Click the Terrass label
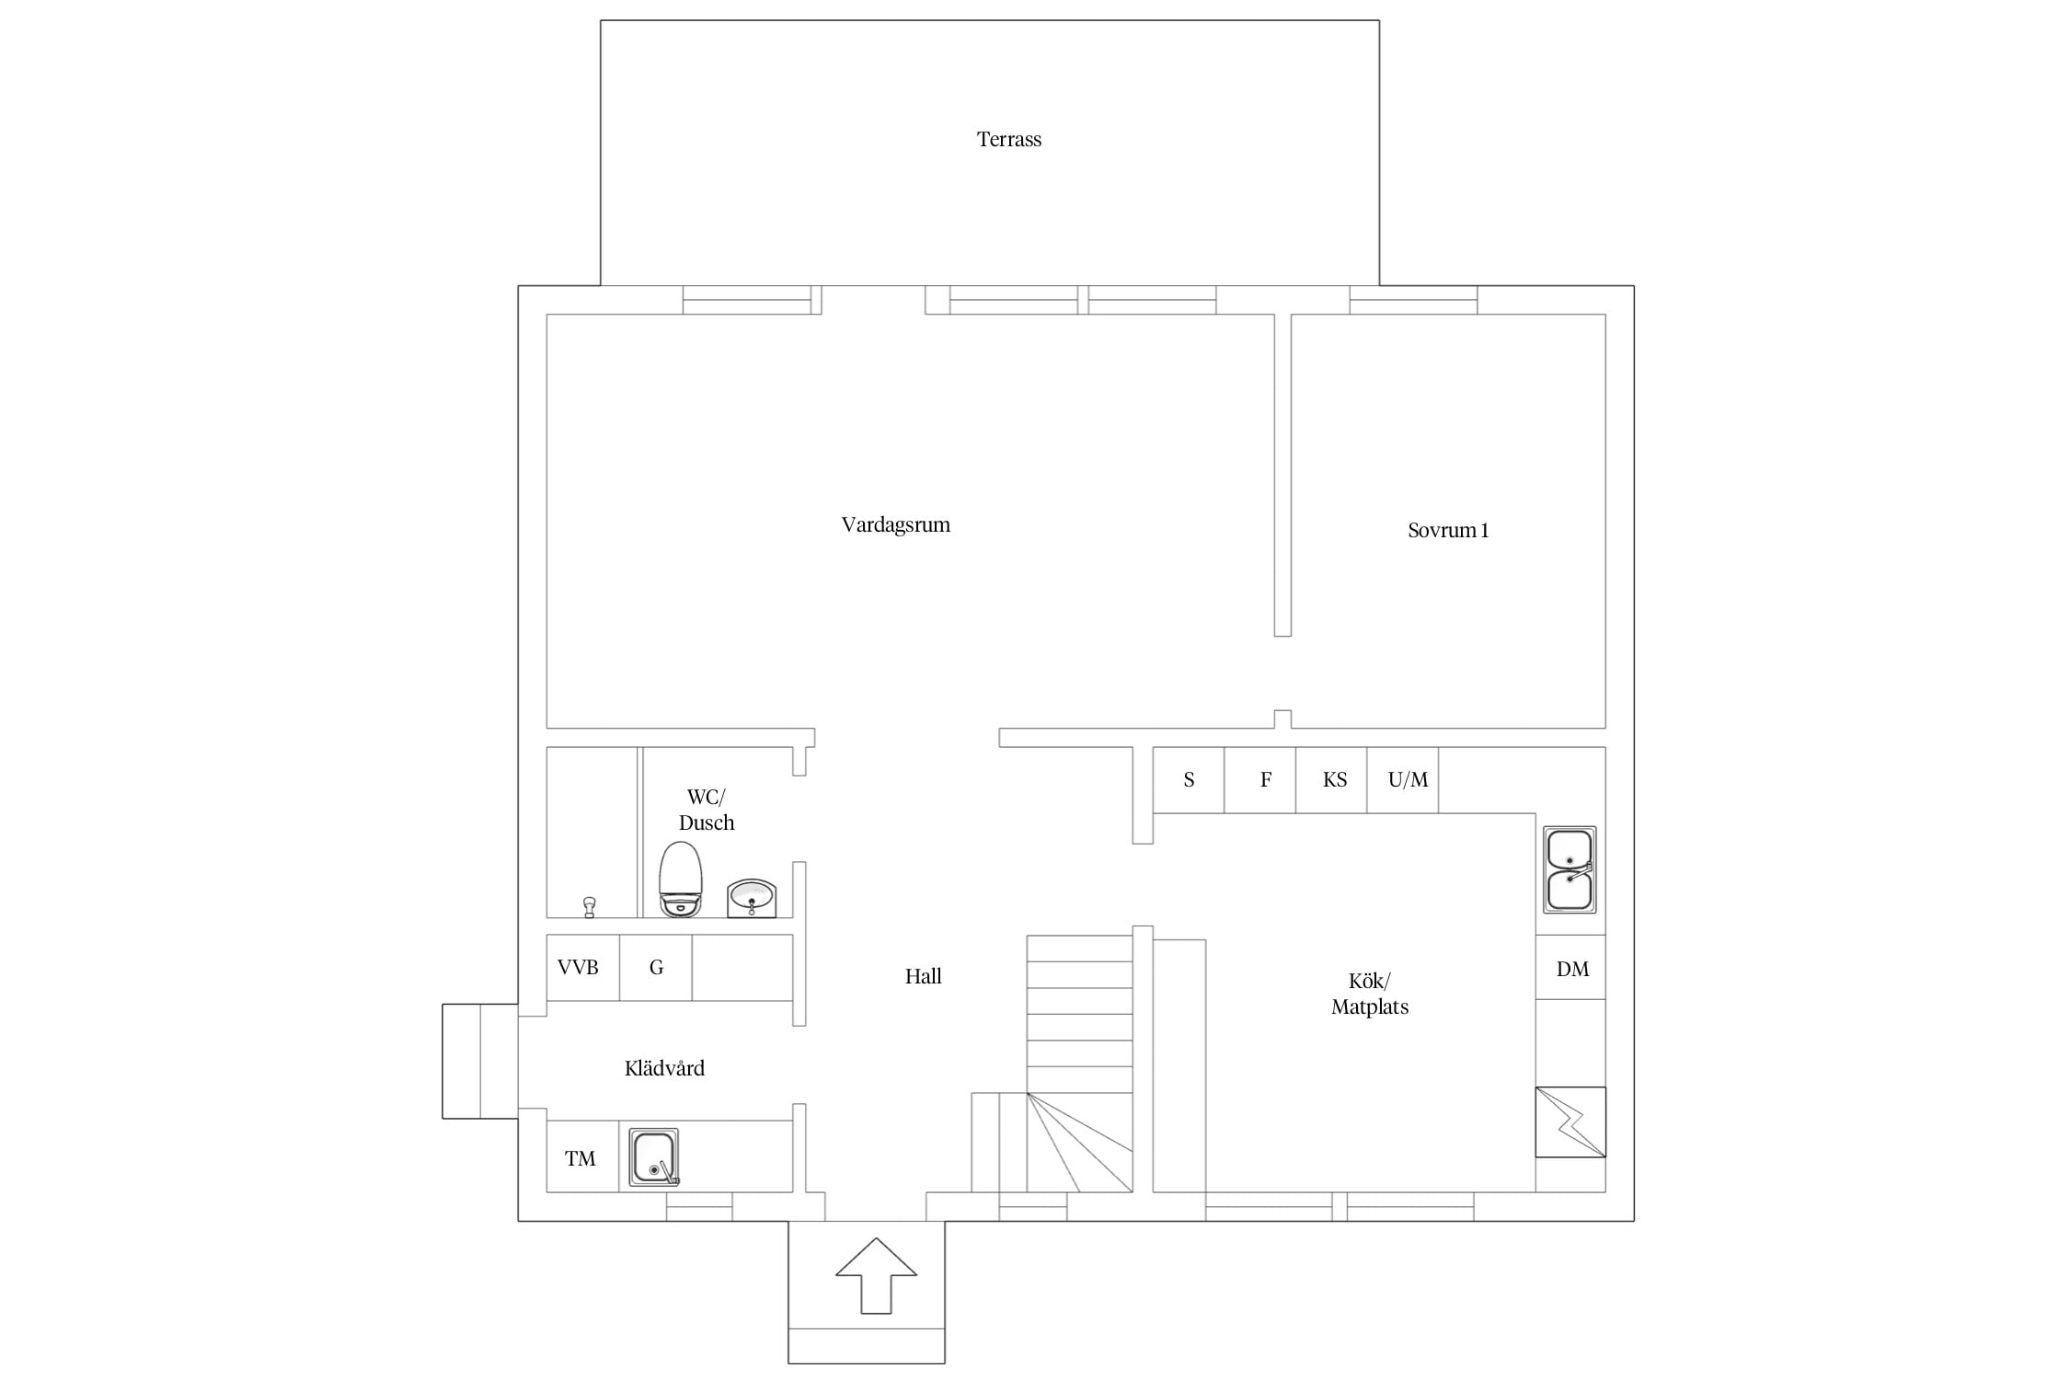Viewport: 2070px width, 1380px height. pos(1008,140)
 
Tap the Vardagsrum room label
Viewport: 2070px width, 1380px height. pos(895,525)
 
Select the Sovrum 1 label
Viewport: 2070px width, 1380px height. pos(1447,530)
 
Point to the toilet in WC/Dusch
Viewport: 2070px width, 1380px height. pos(681,879)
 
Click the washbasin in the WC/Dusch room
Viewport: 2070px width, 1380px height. pos(752,898)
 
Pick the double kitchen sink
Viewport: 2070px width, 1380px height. pos(1570,869)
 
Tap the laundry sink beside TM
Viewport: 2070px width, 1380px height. pos(654,1156)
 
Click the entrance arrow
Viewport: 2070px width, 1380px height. pos(876,1275)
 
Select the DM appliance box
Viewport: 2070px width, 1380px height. pos(1570,968)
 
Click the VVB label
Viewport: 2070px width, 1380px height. pos(578,968)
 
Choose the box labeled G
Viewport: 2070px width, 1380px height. pos(656,968)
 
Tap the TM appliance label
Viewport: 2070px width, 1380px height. pos(580,1159)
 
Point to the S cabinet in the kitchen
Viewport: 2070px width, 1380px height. pos(1189,780)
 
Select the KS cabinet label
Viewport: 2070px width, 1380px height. pos(1334,780)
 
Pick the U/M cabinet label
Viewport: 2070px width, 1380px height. pos(1408,780)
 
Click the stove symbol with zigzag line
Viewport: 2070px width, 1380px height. pos(1570,1122)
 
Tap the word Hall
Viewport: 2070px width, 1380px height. pos(923,977)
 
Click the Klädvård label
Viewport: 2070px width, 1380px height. pos(664,1068)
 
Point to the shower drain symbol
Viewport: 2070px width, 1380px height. pos(589,908)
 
